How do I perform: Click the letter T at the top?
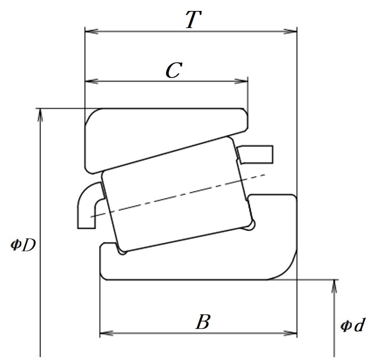click(193, 20)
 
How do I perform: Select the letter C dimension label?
click(174, 70)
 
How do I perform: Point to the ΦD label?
click(23, 245)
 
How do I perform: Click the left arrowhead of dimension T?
click(92, 31)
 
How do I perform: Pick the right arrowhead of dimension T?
click(290, 31)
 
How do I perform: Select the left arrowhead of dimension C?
click(92, 81)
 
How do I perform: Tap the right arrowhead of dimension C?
click(241, 81)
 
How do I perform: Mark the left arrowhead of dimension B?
click(106, 333)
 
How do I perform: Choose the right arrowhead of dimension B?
click(290, 333)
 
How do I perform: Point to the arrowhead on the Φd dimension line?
click(334, 286)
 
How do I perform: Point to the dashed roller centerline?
click(178, 195)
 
